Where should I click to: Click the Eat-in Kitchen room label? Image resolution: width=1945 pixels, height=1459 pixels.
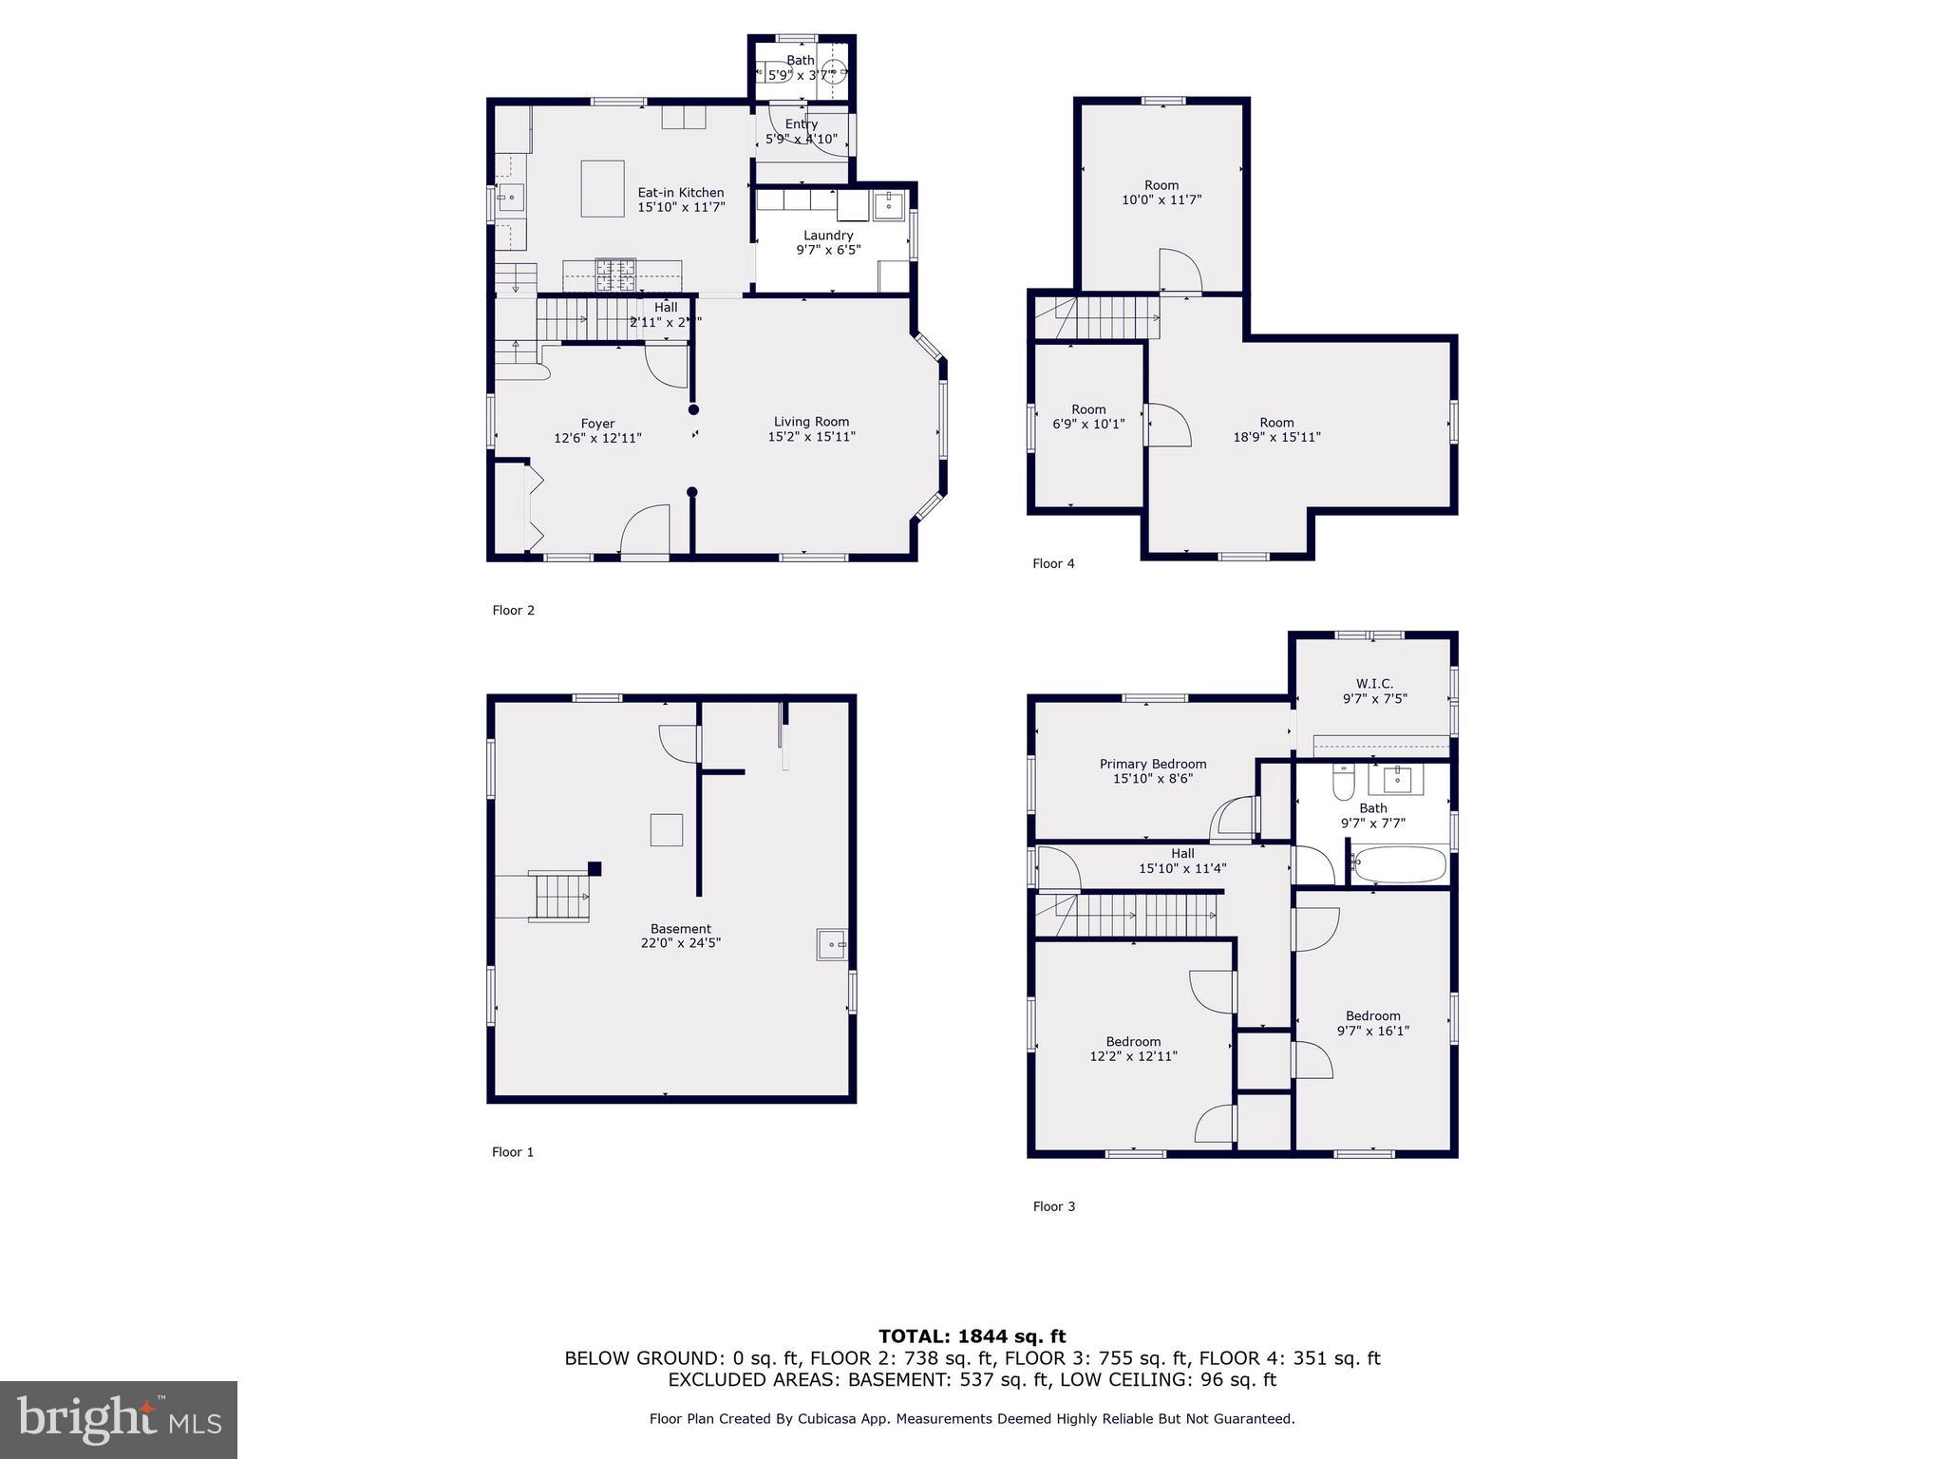[x=680, y=193]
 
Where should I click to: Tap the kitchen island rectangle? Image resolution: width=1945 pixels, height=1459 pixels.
[x=602, y=188]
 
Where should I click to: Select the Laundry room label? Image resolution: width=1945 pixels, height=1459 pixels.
[x=828, y=236]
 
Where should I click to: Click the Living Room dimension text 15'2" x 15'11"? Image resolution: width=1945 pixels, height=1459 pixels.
[x=811, y=437]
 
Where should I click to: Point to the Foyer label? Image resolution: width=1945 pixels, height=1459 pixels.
[x=597, y=424]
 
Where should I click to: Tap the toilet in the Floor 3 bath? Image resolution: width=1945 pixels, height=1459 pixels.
[x=1343, y=782]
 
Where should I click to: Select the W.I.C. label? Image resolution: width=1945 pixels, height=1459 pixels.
[x=1374, y=684]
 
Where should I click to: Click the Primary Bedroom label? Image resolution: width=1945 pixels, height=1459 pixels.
[x=1153, y=764]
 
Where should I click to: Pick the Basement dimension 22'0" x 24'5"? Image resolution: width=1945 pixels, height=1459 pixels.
[x=680, y=943]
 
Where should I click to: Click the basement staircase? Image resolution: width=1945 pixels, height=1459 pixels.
[x=559, y=897]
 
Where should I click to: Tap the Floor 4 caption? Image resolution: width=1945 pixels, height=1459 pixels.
[x=1053, y=563]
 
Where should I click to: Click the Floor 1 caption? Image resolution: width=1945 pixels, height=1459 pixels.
[x=513, y=1152]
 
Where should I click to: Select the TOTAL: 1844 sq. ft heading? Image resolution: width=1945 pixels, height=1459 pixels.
[x=972, y=1336]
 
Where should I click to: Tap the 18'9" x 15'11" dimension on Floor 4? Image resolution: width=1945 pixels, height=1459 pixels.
[x=1276, y=437]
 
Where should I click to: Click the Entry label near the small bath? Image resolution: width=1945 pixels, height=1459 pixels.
[x=802, y=124]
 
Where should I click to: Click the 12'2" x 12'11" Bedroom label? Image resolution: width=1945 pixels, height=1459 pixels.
[x=1133, y=1042]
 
